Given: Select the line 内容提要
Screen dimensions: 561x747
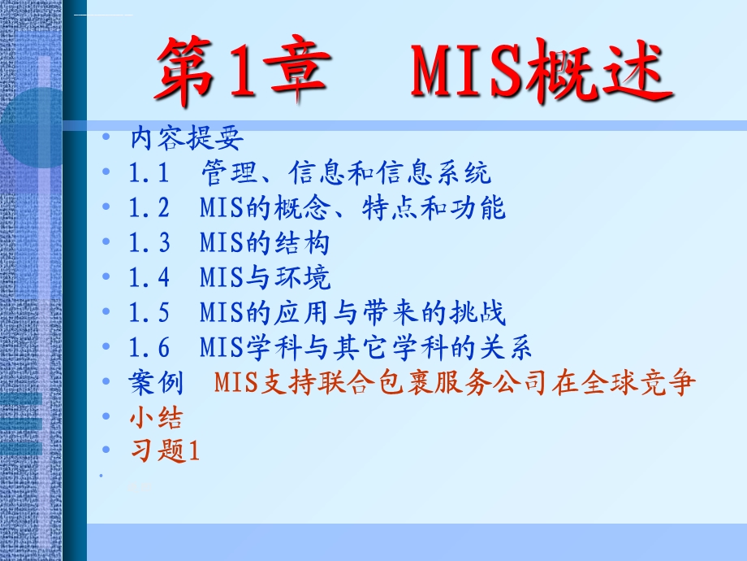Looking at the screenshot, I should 187,139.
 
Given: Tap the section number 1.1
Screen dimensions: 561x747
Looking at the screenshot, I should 148,173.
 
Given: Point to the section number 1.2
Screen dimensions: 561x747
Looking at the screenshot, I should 149,208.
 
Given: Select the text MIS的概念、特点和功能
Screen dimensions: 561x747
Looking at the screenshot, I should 352,208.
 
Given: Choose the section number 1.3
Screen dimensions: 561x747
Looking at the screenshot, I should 149,243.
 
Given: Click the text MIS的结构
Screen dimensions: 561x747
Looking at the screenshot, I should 265,243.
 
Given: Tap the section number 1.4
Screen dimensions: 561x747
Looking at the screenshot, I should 149,278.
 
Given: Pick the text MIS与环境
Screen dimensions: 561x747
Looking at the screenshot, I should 265,278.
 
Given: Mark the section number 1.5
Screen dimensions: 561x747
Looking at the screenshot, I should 149,313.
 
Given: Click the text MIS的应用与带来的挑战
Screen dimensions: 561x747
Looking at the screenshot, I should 352,313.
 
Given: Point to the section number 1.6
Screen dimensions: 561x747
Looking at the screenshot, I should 149,348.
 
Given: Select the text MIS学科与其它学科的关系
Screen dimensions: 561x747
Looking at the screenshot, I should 365,348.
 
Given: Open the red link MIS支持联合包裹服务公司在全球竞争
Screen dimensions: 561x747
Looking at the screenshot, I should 456,383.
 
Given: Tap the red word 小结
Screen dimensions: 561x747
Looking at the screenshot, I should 156,418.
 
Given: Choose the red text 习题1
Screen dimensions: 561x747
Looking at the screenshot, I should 164,451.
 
